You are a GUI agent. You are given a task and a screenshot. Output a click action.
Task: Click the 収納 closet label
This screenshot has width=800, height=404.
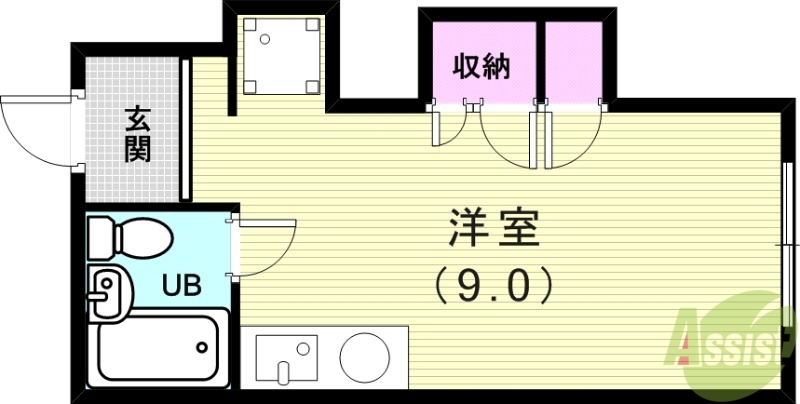click(481, 67)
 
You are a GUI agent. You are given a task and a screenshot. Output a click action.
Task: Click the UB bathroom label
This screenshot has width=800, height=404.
click(182, 284)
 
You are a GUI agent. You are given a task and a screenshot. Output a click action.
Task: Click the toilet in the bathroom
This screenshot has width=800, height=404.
click(130, 239)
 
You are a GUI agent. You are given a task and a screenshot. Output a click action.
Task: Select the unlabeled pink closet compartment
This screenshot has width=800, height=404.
click(574, 62)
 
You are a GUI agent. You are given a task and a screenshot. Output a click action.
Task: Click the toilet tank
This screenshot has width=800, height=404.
click(102, 238)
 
